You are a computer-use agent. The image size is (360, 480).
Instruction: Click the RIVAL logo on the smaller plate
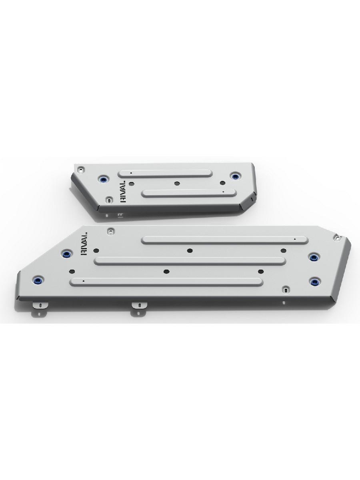(x=123, y=191)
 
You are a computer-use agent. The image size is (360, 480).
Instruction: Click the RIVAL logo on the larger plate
(x=84, y=244)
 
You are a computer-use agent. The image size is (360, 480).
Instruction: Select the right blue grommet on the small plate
(x=235, y=176)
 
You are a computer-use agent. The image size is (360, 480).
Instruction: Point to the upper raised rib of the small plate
(x=165, y=174)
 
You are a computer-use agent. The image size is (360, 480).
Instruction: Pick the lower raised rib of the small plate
(x=189, y=194)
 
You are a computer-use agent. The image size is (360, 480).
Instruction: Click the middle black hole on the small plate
(x=177, y=184)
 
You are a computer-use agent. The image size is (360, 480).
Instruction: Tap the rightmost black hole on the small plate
(x=222, y=183)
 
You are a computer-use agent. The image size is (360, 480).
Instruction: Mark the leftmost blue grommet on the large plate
(x=38, y=280)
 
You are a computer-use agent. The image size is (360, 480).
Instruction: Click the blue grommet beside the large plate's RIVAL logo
(x=66, y=254)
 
